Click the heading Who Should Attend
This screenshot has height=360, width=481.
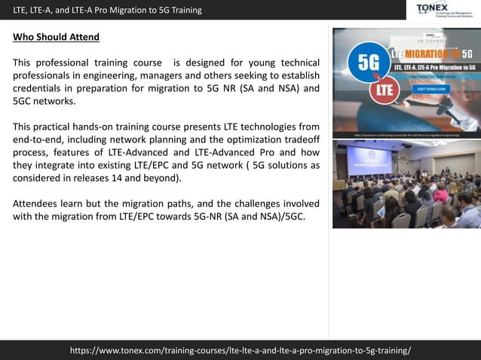(x=56, y=37)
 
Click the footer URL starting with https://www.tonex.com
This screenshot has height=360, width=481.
(x=240, y=350)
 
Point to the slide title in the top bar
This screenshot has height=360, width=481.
(x=108, y=10)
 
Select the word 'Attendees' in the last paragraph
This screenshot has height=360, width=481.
(x=37, y=203)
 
